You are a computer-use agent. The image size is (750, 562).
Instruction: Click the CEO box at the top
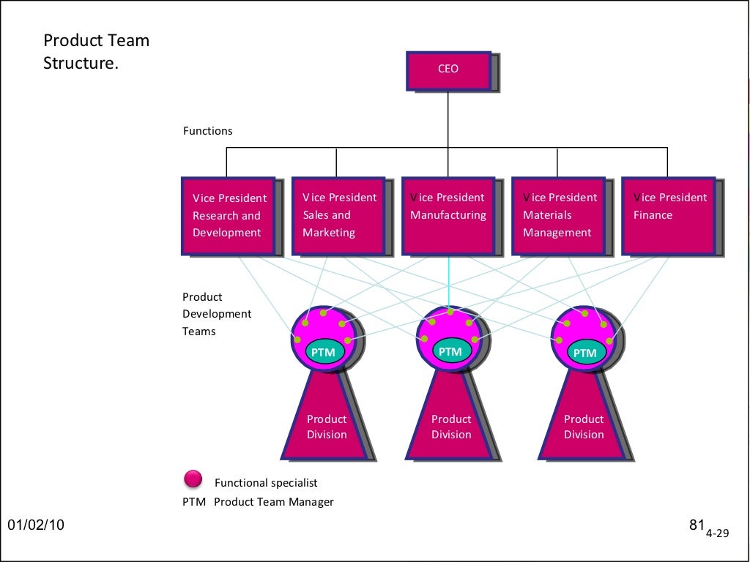click(x=448, y=70)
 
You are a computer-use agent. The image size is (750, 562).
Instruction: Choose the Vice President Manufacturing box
click(x=448, y=215)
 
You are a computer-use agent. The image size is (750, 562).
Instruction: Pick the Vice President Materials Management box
click(x=558, y=215)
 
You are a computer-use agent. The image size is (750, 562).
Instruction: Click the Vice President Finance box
click(x=668, y=215)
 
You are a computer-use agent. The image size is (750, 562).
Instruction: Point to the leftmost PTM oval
click(x=323, y=352)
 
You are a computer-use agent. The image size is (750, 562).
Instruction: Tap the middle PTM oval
click(x=450, y=351)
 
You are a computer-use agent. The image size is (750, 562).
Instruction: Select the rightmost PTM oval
click(x=584, y=353)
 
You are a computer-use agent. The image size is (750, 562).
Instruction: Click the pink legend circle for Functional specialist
click(x=193, y=479)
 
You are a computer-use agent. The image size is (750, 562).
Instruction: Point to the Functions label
click(x=207, y=131)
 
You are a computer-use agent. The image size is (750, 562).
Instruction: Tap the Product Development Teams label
click(x=216, y=314)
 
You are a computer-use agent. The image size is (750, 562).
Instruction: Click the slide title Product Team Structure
click(x=96, y=52)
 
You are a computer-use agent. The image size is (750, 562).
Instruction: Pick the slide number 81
click(x=697, y=525)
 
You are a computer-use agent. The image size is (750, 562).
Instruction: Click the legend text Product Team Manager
click(x=273, y=502)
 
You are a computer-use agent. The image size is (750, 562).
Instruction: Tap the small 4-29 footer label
click(x=718, y=533)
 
